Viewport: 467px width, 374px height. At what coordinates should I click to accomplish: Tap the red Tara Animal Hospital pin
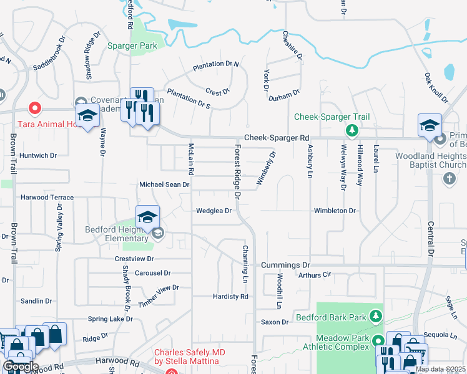tap(36, 108)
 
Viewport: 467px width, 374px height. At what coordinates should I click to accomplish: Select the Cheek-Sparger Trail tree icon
tap(352, 130)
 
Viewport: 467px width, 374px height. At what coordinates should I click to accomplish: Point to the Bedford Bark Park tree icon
tap(376, 317)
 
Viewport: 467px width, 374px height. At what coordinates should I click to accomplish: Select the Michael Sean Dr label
tap(164, 185)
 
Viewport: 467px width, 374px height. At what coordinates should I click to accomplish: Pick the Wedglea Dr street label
tap(214, 211)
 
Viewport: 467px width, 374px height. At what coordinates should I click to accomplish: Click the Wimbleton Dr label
tap(335, 211)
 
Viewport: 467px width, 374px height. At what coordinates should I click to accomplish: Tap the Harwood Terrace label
tap(47, 198)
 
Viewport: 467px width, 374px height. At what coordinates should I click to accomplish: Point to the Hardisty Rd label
tap(230, 297)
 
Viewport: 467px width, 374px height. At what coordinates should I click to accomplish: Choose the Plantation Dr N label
tap(216, 64)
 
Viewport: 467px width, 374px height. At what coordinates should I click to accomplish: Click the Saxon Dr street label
tap(275, 322)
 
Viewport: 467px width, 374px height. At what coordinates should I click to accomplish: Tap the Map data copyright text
tap(441, 369)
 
